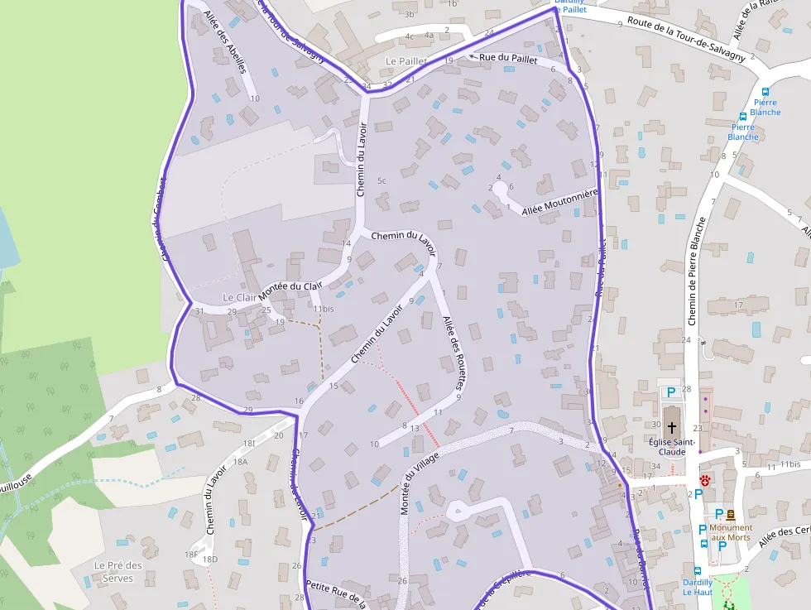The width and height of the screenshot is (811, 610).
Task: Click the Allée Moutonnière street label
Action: click(559, 203)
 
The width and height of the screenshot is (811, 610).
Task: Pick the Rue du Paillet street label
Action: click(509, 60)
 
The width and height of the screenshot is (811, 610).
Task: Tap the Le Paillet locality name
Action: click(406, 61)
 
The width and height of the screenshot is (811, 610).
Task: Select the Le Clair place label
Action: click(239, 297)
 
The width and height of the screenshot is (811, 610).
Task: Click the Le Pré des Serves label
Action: click(118, 572)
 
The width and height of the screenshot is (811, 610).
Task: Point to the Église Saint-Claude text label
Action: click(666, 447)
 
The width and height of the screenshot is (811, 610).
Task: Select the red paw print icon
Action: click(705, 480)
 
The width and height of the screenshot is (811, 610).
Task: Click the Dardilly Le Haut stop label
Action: click(698, 586)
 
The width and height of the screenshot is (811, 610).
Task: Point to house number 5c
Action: click(382, 180)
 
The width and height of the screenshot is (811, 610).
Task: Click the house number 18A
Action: click(240, 462)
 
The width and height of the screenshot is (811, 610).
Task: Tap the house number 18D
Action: click(210, 560)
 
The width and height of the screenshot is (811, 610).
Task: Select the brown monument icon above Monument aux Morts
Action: click(731, 514)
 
